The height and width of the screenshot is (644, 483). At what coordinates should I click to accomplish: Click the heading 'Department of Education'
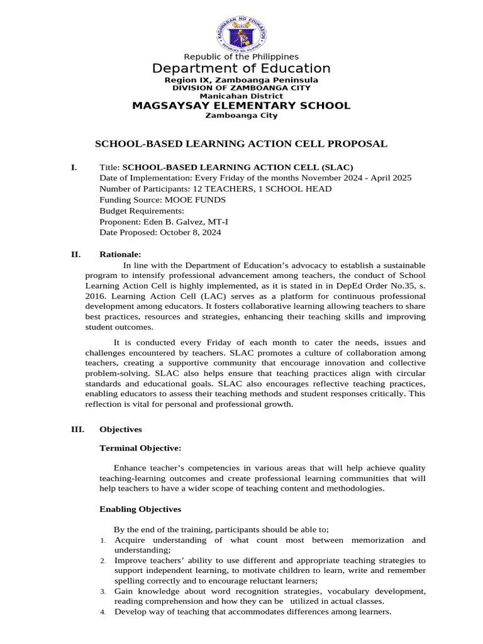(x=241, y=69)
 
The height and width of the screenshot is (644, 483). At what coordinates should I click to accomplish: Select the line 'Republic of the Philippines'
(x=241, y=57)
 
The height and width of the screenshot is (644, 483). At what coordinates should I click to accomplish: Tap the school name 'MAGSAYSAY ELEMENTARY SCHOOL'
(x=241, y=106)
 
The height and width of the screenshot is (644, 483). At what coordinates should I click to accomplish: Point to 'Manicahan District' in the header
(x=241, y=96)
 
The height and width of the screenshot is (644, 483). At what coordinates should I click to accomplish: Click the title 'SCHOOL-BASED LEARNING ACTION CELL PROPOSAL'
(x=241, y=144)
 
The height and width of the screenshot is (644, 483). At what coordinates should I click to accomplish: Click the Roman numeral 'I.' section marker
(x=74, y=167)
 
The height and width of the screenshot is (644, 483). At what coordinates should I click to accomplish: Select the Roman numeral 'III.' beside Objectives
(x=77, y=430)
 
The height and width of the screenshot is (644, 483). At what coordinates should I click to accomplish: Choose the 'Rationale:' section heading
(x=121, y=255)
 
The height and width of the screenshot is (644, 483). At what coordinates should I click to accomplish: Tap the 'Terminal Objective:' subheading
(x=141, y=448)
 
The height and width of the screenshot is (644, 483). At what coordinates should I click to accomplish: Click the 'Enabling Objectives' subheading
(x=140, y=509)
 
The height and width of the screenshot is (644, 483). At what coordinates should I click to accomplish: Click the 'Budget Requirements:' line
(x=142, y=211)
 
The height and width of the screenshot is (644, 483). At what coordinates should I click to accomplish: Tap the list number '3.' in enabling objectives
(x=103, y=592)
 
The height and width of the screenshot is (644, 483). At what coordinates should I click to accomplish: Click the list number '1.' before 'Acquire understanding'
(x=103, y=541)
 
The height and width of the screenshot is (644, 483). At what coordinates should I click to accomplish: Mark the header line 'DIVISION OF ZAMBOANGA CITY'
(x=241, y=89)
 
